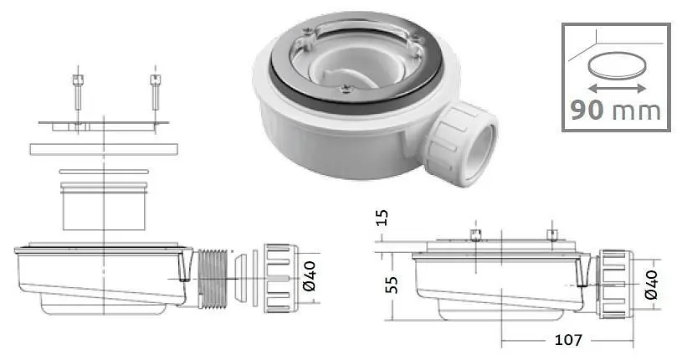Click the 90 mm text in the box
[615, 111]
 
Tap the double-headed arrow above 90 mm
[617, 89]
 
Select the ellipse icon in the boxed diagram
[617, 66]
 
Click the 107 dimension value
[568, 340]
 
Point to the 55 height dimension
[392, 285]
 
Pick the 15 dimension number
[381, 218]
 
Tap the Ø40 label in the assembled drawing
[651, 285]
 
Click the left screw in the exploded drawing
[78, 92]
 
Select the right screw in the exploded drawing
[156, 92]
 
